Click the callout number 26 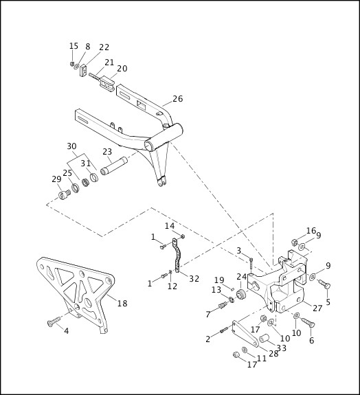tap(177, 99)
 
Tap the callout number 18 tap(122, 303)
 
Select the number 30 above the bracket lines tap(71, 146)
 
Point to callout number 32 tap(194, 279)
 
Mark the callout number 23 tap(107, 153)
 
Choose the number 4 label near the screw tap(66, 331)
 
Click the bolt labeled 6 tap(307, 323)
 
